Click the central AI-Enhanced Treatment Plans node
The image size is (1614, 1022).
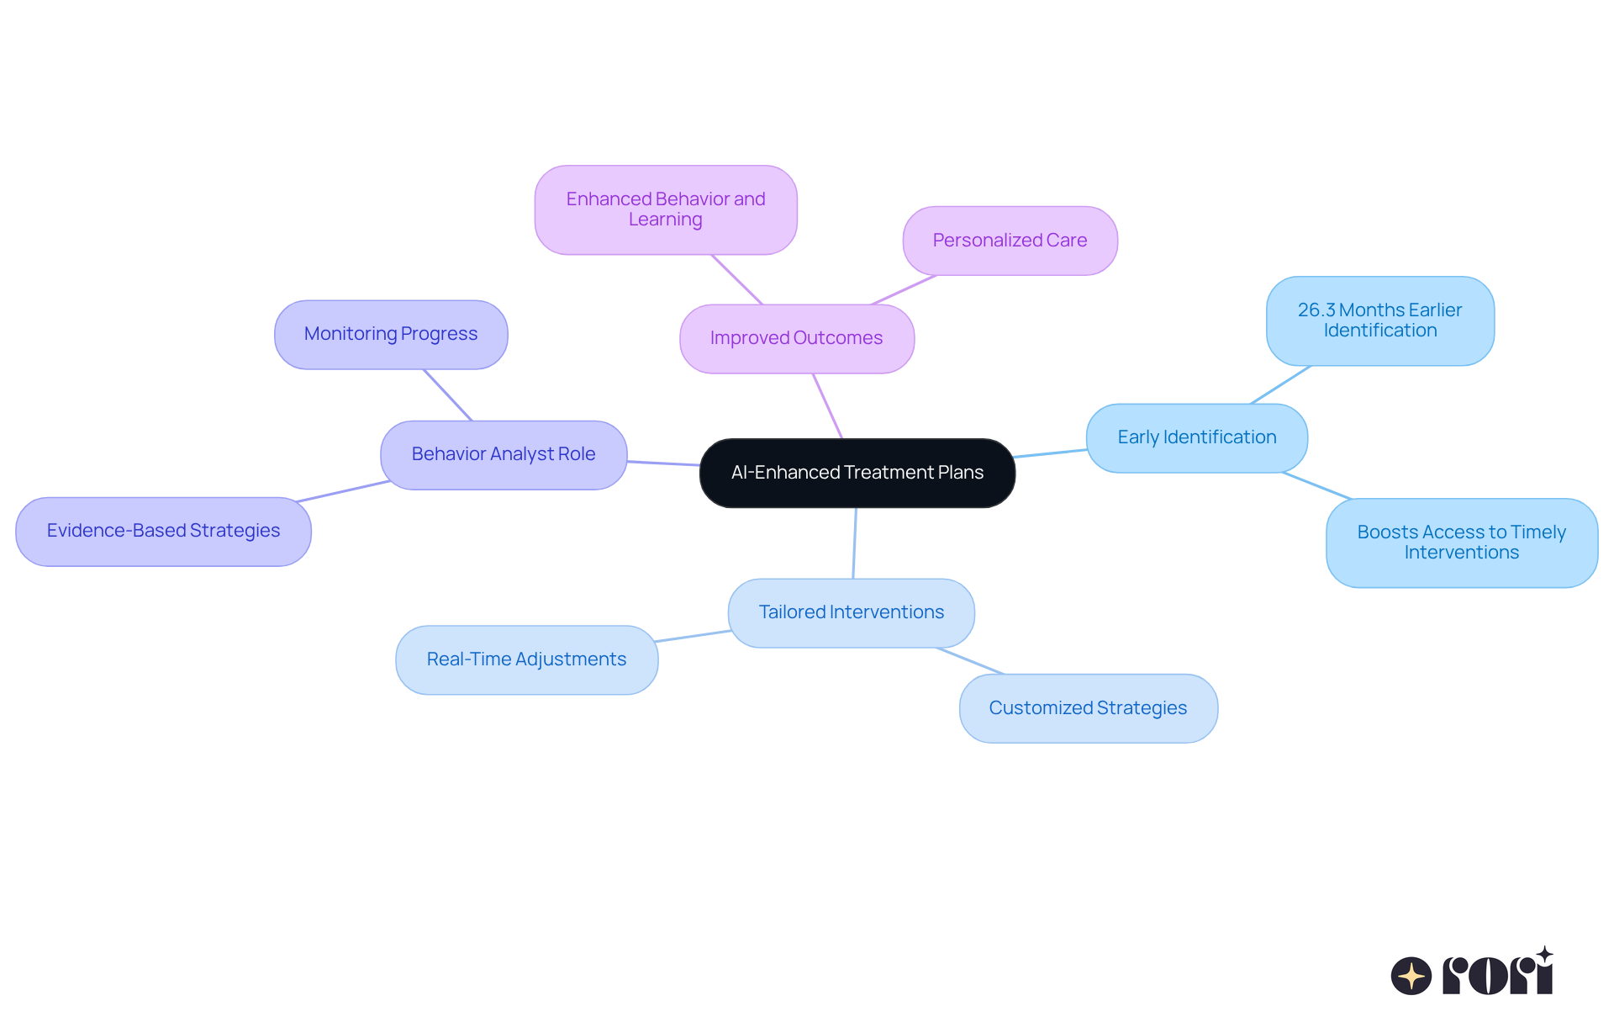click(857, 473)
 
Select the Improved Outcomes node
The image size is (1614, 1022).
click(796, 338)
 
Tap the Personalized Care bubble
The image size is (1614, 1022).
click(1010, 241)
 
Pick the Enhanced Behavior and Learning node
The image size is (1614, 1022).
click(665, 209)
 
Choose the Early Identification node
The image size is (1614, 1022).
click(1196, 437)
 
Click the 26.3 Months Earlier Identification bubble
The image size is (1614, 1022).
click(1379, 320)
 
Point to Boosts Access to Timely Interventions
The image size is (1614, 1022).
click(1461, 543)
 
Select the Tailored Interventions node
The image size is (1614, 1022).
click(851, 612)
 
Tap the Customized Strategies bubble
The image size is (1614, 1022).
click(1088, 708)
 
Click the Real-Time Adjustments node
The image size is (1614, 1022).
click(526, 659)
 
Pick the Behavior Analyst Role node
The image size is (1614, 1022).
click(504, 454)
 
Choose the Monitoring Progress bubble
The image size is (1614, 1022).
click(391, 334)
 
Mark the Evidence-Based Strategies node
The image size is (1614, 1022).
click(163, 531)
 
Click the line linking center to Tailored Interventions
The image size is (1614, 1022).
click(855, 543)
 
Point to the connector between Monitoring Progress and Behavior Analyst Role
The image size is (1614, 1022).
click(447, 395)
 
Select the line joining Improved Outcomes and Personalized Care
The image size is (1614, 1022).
click(904, 289)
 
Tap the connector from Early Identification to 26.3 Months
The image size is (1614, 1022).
click(1280, 384)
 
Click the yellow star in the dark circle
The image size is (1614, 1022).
click(1411, 977)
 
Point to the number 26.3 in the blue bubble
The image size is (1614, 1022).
click(1316, 310)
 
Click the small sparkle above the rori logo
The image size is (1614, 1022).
click(1544, 955)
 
